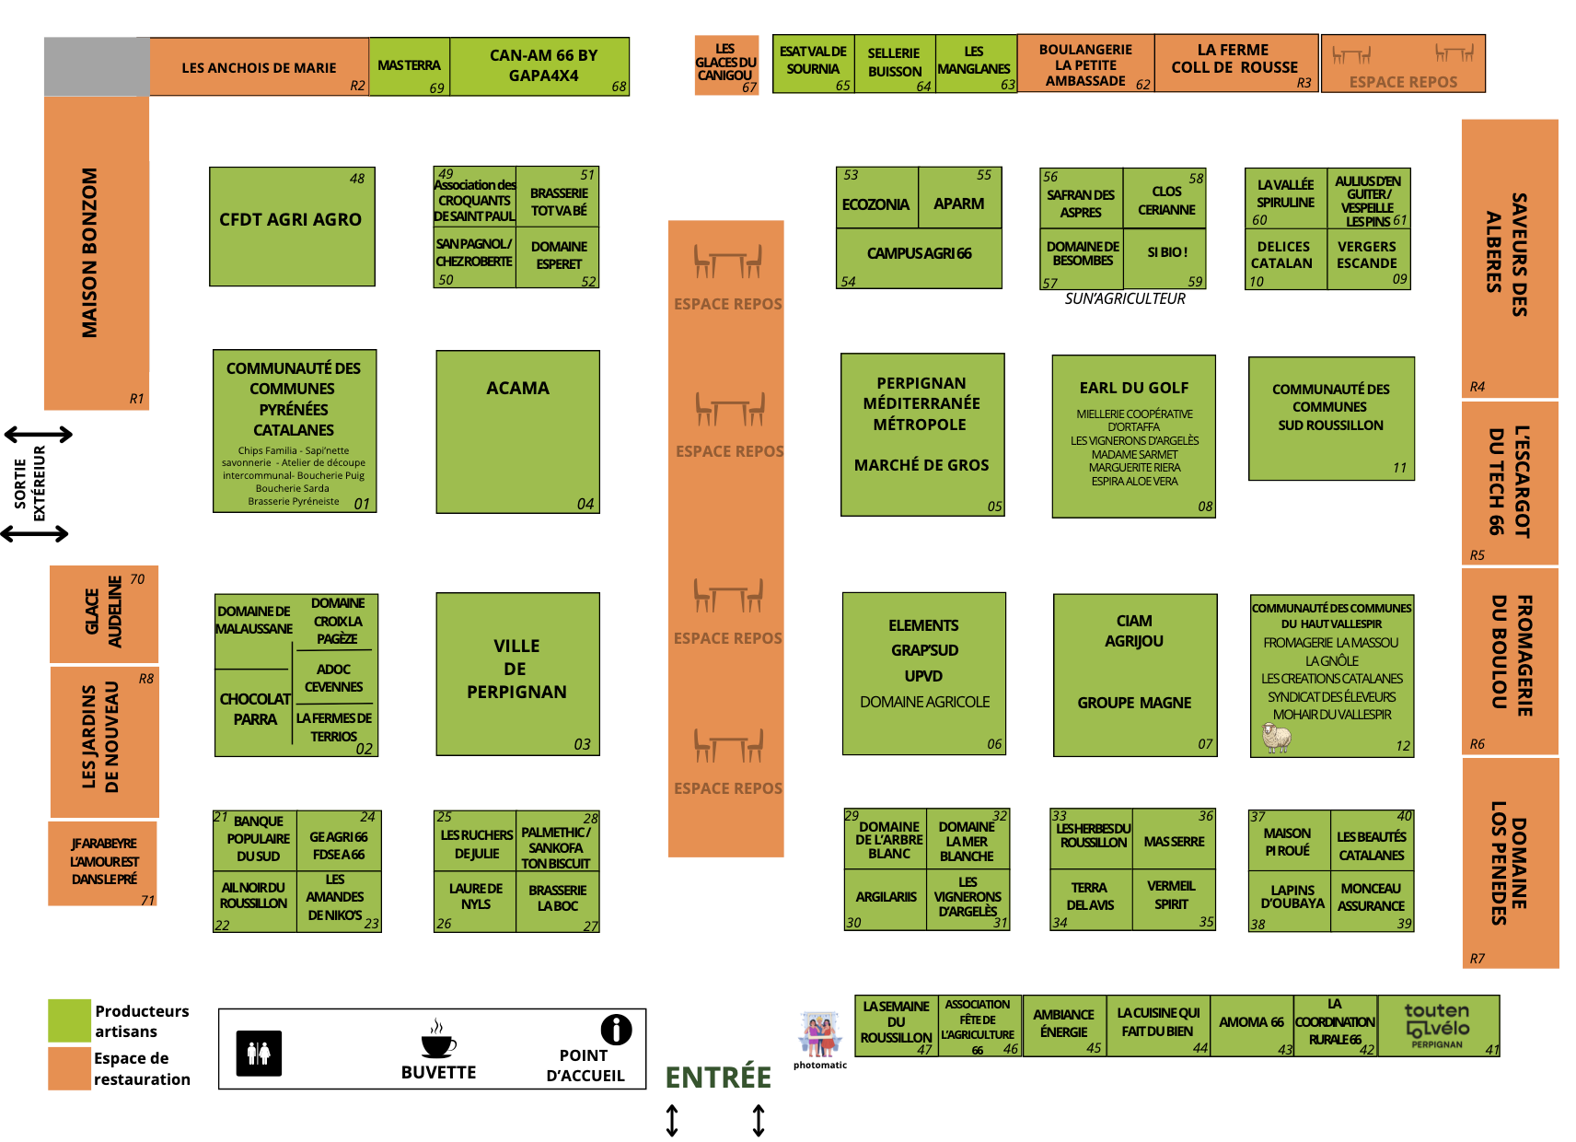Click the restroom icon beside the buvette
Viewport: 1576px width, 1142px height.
point(259,1054)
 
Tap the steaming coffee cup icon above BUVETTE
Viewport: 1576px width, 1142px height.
point(437,1040)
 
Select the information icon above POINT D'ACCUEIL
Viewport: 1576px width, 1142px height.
point(616,1029)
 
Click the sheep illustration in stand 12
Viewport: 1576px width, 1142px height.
point(1276,737)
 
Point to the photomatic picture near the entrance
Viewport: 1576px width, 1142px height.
point(819,1034)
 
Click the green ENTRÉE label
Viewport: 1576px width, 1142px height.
point(718,1077)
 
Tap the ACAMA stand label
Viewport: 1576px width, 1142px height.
point(517,389)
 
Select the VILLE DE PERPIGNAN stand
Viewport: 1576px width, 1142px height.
point(516,670)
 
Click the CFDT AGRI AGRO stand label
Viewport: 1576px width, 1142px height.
point(291,220)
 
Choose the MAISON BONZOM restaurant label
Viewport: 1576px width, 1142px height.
point(90,252)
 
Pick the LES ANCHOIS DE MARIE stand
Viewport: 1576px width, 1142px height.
point(259,68)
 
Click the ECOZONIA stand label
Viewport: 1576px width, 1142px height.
point(875,204)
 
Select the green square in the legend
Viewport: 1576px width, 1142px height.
point(69,1020)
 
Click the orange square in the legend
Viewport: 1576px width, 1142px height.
point(69,1068)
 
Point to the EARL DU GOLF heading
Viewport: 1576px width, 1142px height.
point(1134,388)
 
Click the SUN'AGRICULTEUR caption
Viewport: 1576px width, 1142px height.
point(1125,298)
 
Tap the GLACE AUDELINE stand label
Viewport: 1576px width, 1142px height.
point(103,612)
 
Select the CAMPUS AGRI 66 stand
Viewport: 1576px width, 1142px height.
point(919,253)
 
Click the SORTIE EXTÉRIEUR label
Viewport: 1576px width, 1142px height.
point(29,484)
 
